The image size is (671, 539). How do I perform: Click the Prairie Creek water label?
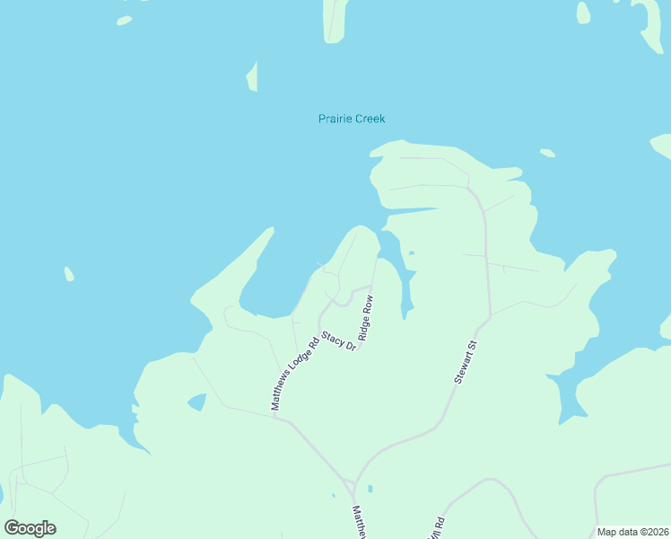point(352,119)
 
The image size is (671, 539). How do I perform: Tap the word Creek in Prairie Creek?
point(370,119)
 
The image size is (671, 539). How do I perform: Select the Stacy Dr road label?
point(339,340)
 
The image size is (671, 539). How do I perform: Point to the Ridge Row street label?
point(367,320)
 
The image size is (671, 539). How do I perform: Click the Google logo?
point(30,528)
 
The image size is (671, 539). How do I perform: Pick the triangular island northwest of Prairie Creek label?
point(253,78)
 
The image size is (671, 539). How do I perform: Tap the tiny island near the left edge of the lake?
point(69,273)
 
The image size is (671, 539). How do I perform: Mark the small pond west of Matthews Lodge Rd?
point(196,402)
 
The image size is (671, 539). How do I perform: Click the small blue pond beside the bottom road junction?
point(370,489)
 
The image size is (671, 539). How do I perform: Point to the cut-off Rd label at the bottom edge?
point(438,527)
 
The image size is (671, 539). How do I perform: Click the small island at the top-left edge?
point(124,20)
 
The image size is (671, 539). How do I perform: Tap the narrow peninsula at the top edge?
point(335,20)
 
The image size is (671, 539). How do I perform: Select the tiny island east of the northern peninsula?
point(546,153)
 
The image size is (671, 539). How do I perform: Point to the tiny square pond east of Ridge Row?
point(412,253)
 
